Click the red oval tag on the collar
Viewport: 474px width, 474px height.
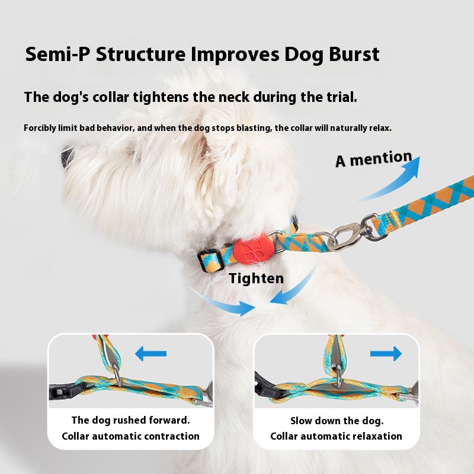(x=251, y=251)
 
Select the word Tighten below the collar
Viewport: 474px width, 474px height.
(x=256, y=278)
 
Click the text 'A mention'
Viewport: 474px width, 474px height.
(x=373, y=159)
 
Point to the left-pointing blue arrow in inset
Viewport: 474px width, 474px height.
(x=150, y=354)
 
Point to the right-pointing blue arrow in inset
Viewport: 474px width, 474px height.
(x=386, y=354)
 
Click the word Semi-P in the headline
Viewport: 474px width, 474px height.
(x=57, y=54)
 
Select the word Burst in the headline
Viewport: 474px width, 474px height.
(x=348, y=54)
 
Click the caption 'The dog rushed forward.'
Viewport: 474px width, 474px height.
(x=130, y=420)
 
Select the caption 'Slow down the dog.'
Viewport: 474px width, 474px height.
(x=337, y=421)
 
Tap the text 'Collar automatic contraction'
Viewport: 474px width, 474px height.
(x=130, y=436)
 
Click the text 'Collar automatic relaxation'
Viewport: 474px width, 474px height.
(x=337, y=436)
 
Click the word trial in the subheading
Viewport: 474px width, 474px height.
(x=337, y=97)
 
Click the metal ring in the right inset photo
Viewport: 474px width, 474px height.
(x=337, y=377)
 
